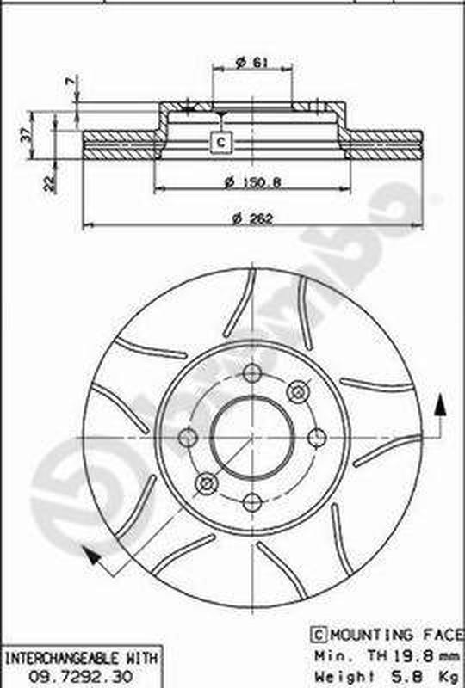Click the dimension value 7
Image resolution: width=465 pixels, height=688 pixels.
pos(70,83)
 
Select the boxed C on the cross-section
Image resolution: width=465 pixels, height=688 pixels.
pos(221,141)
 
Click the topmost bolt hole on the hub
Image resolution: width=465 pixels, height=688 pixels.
pos(252,373)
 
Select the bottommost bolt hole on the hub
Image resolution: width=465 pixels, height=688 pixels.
pos(252,501)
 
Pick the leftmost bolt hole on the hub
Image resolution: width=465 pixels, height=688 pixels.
pos(188,438)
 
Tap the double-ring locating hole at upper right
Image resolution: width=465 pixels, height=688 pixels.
pos(298,392)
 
